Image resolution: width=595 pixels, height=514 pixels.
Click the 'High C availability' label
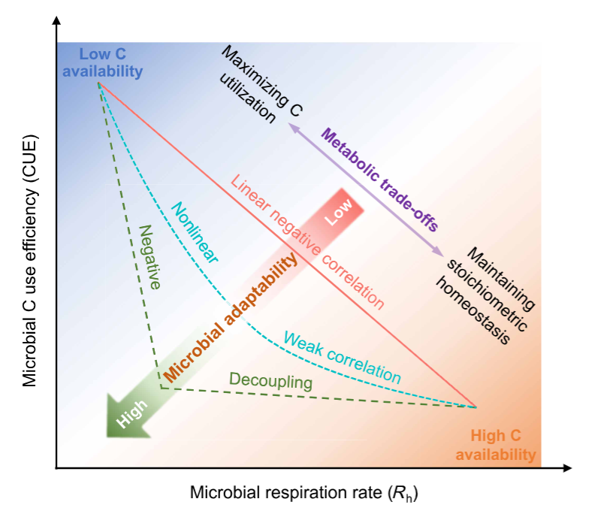coord(496,445)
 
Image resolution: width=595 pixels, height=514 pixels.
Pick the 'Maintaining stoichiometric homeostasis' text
coord(489,298)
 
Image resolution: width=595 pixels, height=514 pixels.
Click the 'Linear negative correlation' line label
coord(307,241)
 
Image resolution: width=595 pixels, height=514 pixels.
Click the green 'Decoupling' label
coord(270,381)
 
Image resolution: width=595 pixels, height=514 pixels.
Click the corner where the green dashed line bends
coord(160,388)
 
